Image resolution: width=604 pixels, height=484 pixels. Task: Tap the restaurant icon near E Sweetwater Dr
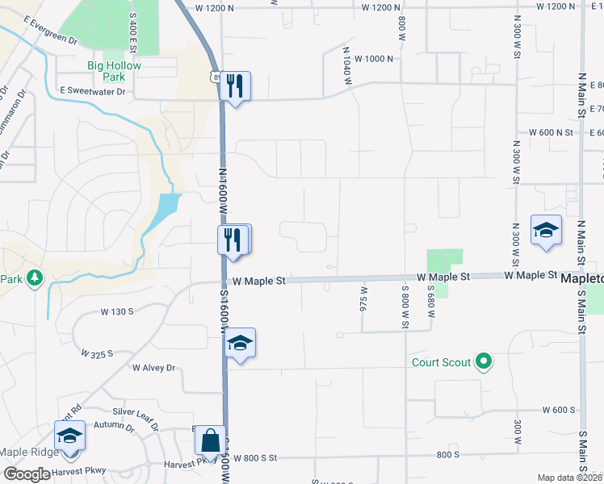[235, 86]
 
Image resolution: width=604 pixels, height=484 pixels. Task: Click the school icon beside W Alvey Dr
[240, 343]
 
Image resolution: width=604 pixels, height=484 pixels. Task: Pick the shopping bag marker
[210, 440]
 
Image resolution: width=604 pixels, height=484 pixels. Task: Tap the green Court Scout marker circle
[484, 362]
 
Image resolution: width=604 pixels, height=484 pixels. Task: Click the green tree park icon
[34, 279]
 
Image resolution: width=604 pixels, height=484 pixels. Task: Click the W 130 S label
[118, 311]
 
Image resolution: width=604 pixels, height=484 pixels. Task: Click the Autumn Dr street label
[112, 425]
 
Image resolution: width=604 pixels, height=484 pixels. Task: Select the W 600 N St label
[550, 132]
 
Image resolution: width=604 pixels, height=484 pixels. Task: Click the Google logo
[27, 474]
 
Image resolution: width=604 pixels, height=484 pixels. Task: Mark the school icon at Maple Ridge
[70, 436]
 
